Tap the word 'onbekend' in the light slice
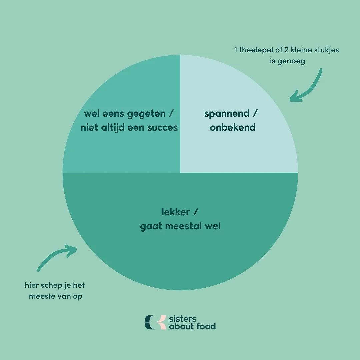tap(233, 127)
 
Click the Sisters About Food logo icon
tap(155, 322)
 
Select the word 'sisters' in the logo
tap(183, 318)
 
